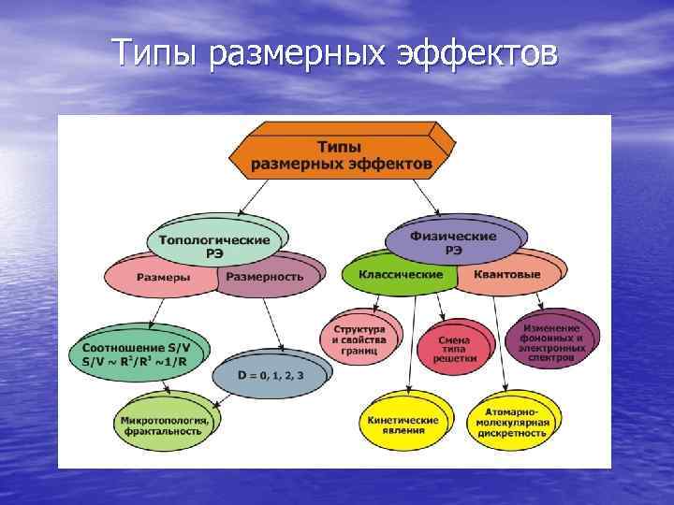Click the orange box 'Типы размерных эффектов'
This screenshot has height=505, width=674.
coord(341,155)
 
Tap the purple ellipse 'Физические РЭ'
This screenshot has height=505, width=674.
coord(453,242)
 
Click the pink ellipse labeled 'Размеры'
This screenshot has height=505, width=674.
coord(161,277)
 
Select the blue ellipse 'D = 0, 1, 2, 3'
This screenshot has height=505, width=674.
coord(258,375)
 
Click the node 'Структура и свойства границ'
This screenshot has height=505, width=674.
coord(359,337)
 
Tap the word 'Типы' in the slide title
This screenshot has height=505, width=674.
coord(158,53)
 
